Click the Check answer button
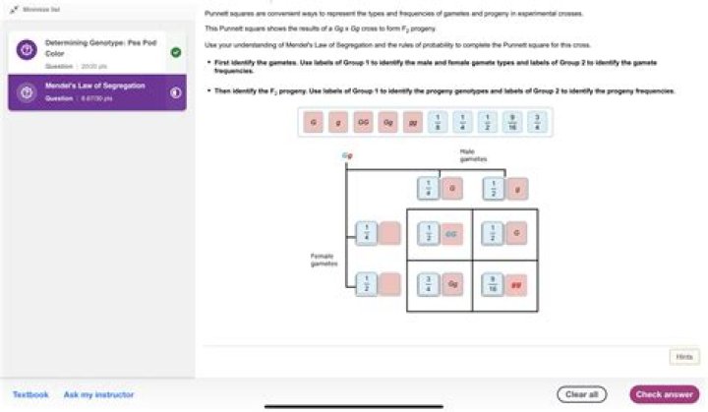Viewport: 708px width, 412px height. pyautogui.click(x=664, y=394)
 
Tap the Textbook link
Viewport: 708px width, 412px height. pyautogui.click(x=30, y=394)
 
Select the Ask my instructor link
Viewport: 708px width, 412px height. pyautogui.click(x=98, y=394)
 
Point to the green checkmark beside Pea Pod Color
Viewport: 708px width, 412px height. pyautogui.click(x=176, y=52)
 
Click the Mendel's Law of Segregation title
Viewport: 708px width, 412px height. pyautogui.click(x=95, y=86)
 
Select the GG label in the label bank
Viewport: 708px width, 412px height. pyautogui.click(x=362, y=123)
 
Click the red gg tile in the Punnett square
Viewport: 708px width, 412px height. pyautogui.click(x=515, y=289)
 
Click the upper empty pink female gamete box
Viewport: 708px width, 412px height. pyautogui.click(x=390, y=234)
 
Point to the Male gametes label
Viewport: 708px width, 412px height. pyautogui.click(x=468, y=154)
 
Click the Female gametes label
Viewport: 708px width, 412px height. pyautogui.click(x=324, y=260)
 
